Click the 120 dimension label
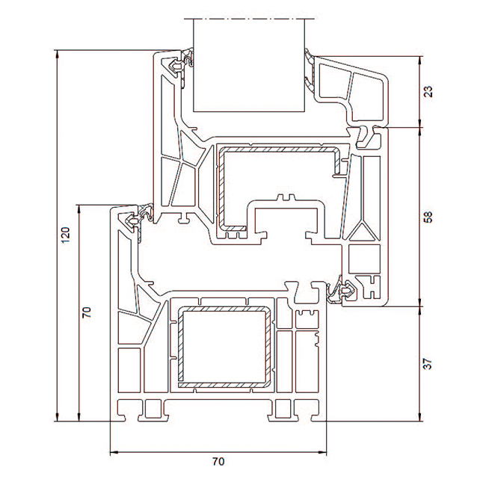[x=66, y=235]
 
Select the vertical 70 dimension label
[x=87, y=312]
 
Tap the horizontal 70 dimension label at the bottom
[x=218, y=461]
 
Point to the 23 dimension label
[x=428, y=91]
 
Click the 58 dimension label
[x=428, y=217]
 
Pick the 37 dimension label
[x=428, y=364]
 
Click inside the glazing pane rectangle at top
[x=249, y=65]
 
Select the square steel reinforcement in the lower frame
[x=224, y=347]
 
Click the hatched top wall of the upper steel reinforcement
[x=279, y=149]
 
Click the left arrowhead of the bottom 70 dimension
[x=114, y=453]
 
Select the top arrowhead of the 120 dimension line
[x=57, y=54]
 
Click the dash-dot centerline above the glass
[x=250, y=19]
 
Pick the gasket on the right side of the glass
[x=309, y=70]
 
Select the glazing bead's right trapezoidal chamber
[x=368, y=96]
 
